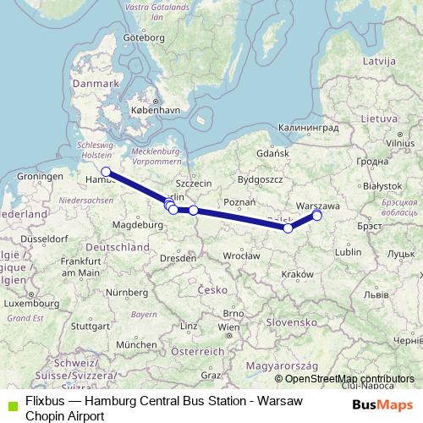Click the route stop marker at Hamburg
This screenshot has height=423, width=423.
click(x=106, y=172)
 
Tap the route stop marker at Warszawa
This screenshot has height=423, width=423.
click(x=317, y=216)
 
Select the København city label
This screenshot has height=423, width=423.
click(x=156, y=111)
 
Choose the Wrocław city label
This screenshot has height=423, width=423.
click(x=242, y=255)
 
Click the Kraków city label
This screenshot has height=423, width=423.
click(x=298, y=274)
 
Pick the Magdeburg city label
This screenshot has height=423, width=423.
click(x=140, y=225)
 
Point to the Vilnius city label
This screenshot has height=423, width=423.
click(x=398, y=144)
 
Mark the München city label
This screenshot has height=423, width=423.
click(x=137, y=344)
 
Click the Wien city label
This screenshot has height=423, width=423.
click(x=225, y=327)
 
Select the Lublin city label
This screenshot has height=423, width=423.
click(x=348, y=251)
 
